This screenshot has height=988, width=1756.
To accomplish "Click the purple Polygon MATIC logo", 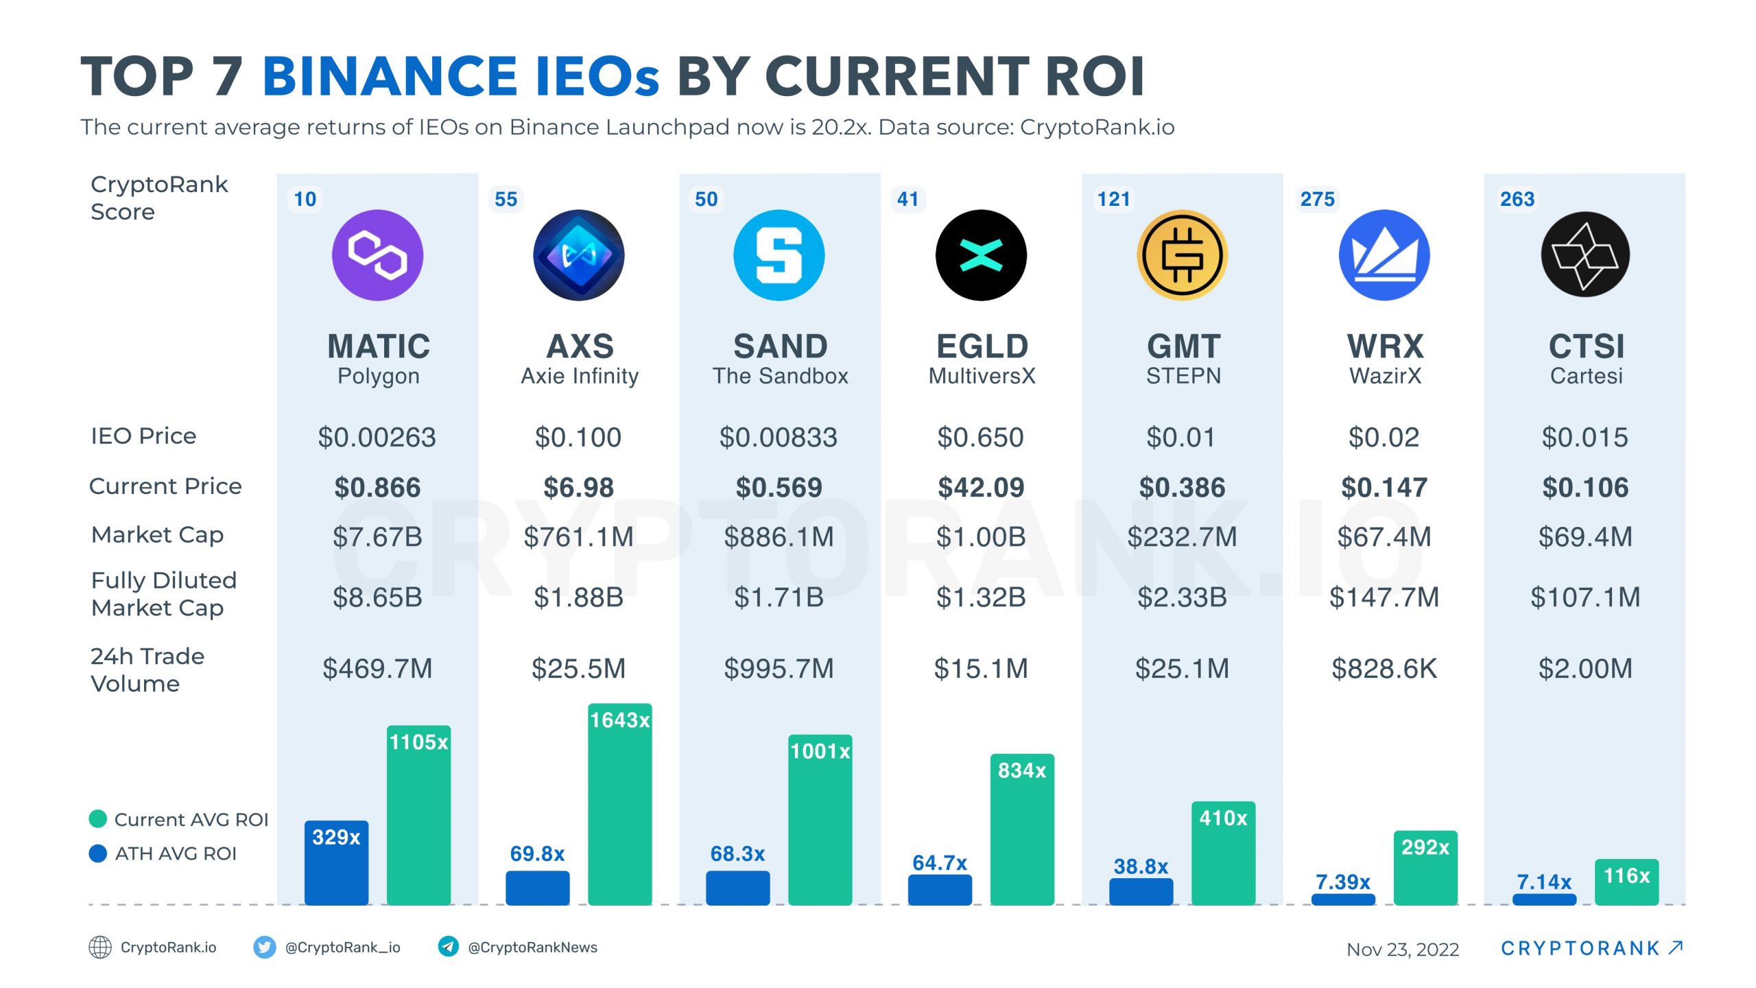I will (x=377, y=255).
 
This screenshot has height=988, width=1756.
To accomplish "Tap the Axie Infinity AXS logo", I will (x=578, y=255).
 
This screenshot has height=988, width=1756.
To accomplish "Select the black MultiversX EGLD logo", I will (x=981, y=255).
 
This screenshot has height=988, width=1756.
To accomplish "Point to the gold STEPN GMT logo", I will (x=1182, y=255).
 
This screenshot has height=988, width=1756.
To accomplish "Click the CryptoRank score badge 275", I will (x=1317, y=200).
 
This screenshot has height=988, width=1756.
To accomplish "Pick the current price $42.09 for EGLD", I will (x=981, y=488).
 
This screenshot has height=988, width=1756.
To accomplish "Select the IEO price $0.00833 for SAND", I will (x=779, y=438).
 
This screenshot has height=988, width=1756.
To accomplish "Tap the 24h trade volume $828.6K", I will (x=1384, y=669).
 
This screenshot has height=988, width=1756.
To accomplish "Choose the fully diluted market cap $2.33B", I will (x=1182, y=598).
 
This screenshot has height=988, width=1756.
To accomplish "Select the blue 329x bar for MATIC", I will (x=336, y=864).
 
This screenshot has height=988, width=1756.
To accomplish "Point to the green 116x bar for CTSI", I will (x=1626, y=883).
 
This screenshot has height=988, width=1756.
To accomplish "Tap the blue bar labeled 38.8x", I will (x=1141, y=892).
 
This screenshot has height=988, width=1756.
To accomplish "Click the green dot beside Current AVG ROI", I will (x=98, y=819).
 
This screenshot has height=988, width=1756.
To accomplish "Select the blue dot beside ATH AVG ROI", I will (x=98, y=854).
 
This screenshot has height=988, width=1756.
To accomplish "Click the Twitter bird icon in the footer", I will (x=264, y=948).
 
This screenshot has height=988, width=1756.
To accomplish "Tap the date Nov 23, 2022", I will (x=1403, y=950).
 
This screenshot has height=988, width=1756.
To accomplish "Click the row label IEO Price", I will (x=143, y=436).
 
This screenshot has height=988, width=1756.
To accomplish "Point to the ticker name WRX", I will (x=1385, y=346).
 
